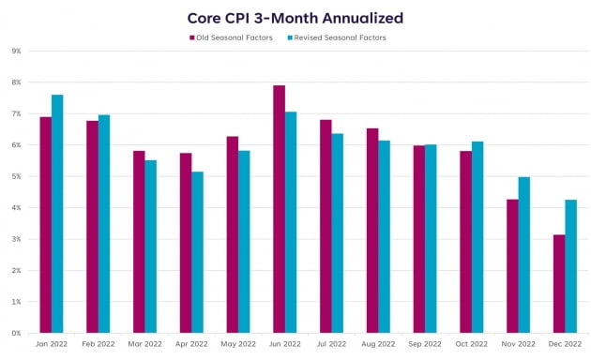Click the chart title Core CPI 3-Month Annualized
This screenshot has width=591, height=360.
tap(295, 18)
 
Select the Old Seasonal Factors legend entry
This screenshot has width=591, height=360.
tap(231, 37)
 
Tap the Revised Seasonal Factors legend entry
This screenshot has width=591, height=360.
tap(337, 37)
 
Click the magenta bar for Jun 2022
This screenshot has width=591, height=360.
tap(280, 209)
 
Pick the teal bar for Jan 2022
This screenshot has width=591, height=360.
tap(57, 214)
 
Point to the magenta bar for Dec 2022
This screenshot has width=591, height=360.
tap(559, 283)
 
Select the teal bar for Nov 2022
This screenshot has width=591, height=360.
tap(523, 255)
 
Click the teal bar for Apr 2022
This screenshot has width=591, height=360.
tap(197, 252)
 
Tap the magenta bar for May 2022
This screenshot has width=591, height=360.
tap(233, 234)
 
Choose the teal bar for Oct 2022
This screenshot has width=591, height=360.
tap(477, 237)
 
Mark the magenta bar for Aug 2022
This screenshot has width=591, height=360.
tap(372, 231)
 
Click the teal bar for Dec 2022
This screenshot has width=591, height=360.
tap(571, 266)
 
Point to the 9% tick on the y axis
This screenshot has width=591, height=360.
tap(16, 51)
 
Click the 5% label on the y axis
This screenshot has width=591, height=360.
tap(16, 176)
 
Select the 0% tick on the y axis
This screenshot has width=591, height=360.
tap(16, 333)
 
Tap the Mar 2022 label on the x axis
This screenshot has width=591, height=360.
tap(144, 344)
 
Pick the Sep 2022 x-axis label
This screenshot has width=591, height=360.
tap(425, 344)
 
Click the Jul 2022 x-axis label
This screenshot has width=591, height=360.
tap(332, 344)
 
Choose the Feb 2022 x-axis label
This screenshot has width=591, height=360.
tap(98, 344)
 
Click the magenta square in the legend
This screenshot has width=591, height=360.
tap(192, 37)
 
